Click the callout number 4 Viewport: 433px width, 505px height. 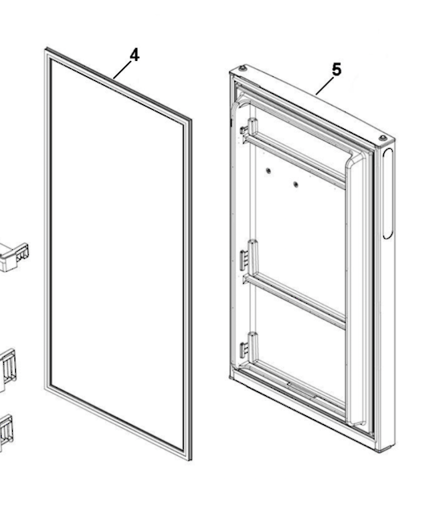(x=134, y=55)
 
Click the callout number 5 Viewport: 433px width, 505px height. (x=336, y=70)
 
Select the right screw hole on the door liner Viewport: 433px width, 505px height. (x=295, y=185)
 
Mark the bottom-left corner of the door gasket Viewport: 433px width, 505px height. (x=47, y=389)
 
